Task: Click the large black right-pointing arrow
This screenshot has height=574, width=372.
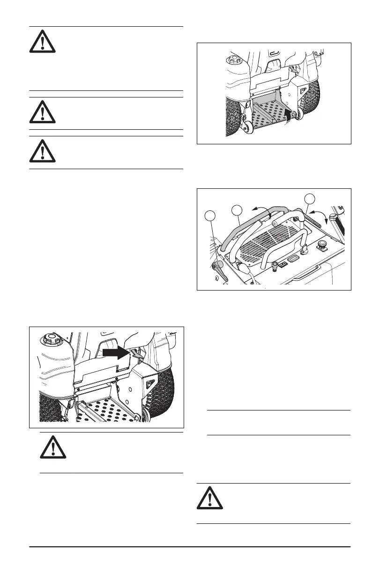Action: point(117,351)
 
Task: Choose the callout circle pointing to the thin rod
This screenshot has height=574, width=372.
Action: point(309,198)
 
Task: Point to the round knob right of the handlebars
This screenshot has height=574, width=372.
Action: point(322,244)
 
